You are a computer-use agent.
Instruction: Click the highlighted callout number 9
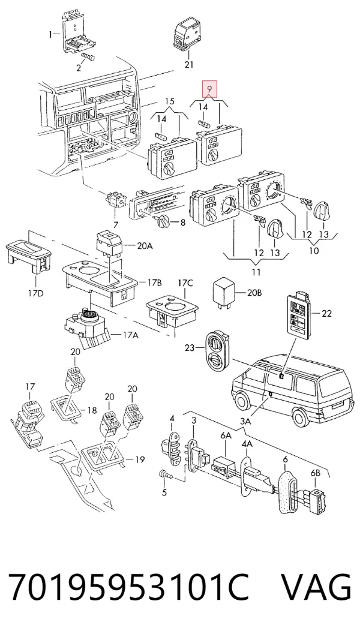tap(209, 89)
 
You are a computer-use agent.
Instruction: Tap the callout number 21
tap(189, 64)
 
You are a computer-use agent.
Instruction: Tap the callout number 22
tap(326, 313)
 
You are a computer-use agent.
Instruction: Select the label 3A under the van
tap(245, 422)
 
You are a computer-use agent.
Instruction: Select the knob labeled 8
tap(162, 222)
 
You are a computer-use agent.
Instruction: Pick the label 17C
tap(185, 282)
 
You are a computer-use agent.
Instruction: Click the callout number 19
tap(140, 460)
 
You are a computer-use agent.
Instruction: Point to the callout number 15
tap(170, 101)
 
